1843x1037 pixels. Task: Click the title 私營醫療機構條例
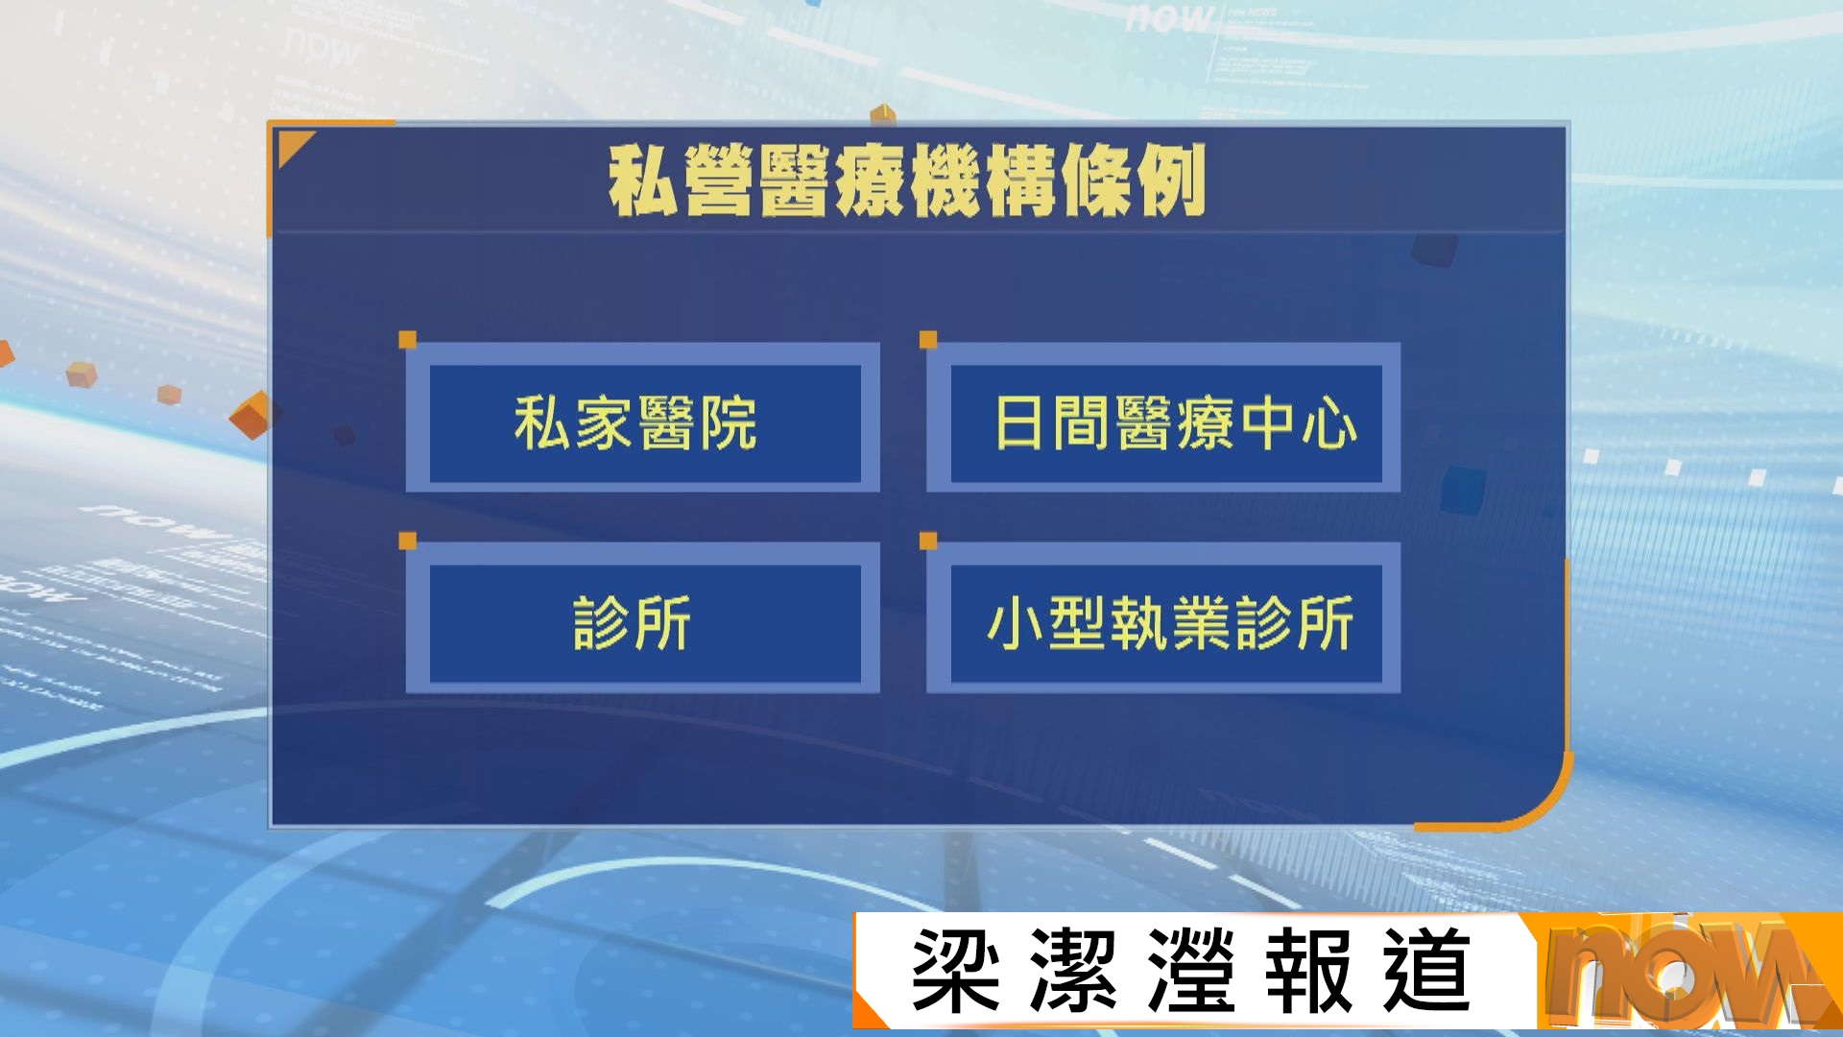click(x=907, y=181)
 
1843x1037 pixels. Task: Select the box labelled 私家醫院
click(x=643, y=419)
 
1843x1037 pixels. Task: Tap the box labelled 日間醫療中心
click(x=1163, y=419)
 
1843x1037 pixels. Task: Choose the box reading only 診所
click(x=643, y=619)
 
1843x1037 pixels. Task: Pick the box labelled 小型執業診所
click(x=1163, y=619)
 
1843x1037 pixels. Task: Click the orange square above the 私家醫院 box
click(x=407, y=340)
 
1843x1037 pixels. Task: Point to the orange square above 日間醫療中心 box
click(x=928, y=340)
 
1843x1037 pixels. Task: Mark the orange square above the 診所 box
click(x=407, y=542)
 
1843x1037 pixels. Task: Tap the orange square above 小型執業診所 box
click(x=928, y=542)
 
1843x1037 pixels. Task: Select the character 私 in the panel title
click(x=644, y=181)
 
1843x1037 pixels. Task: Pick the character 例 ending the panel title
click(x=1170, y=181)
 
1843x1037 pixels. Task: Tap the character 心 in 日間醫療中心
click(x=1329, y=422)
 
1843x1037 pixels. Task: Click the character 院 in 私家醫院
click(x=729, y=422)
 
